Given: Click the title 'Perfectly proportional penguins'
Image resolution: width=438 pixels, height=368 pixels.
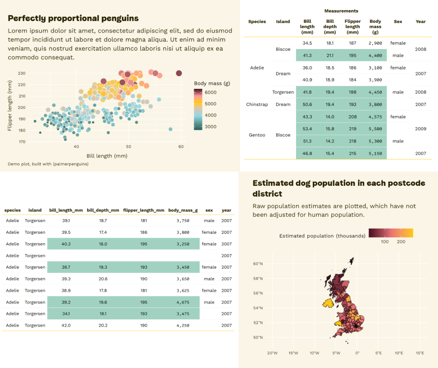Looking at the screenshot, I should [73, 18].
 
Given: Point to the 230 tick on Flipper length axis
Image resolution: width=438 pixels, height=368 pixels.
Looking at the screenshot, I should [21, 73].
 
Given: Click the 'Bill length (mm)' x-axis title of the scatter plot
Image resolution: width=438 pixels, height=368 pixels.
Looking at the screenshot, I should [107, 156].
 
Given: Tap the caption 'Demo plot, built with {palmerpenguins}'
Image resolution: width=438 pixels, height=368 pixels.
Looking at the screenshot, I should [48, 164].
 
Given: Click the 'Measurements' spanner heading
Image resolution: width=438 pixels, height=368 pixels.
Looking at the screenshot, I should [341, 11].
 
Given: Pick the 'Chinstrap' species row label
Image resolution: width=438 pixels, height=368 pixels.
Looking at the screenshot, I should [257, 105].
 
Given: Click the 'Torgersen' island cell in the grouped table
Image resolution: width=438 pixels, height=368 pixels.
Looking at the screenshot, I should [283, 92].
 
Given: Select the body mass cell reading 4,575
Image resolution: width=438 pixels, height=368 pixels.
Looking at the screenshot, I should [375, 117].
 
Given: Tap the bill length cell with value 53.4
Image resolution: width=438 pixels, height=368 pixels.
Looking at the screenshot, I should [307, 129].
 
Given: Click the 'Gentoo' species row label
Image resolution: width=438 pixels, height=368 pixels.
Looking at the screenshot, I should [257, 135].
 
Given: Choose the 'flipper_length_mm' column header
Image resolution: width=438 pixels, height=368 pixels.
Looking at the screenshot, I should [144, 211].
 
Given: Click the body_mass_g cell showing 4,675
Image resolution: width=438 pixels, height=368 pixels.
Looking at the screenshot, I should [183, 302].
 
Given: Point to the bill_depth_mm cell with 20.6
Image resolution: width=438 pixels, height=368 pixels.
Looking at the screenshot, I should [103, 279].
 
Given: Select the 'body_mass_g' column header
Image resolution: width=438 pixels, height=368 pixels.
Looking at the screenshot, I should [183, 211].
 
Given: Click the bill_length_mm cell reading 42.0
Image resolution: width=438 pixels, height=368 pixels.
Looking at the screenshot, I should [66, 325].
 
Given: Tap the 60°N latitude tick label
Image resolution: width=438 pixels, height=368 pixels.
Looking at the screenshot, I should [258, 264].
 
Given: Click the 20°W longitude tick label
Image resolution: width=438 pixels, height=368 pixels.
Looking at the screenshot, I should [273, 353].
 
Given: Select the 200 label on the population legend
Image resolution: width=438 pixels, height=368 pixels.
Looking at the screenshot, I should [401, 242].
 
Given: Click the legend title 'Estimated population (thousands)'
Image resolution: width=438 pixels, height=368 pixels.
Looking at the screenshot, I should [322, 236].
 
